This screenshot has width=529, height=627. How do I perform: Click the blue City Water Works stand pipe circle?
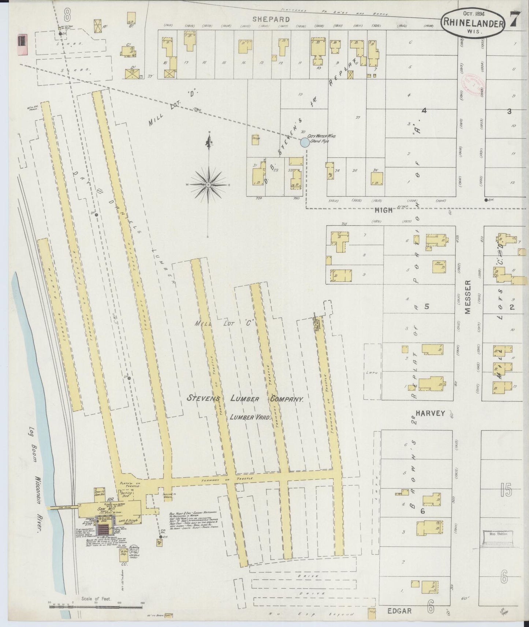tap(305, 143)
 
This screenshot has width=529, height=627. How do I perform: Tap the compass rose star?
tap(208, 185)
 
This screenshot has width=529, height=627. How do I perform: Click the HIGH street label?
tap(383, 210)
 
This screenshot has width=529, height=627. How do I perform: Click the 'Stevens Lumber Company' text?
tap(245, 399)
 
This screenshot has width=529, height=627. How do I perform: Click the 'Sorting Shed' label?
tap(126, 495)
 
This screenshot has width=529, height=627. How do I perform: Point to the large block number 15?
tap(506, 491)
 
